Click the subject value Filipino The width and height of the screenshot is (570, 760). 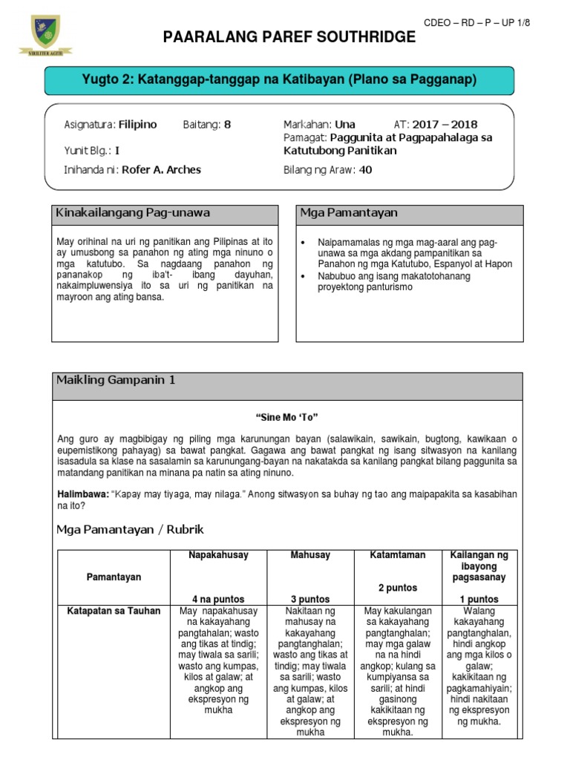point(138,125)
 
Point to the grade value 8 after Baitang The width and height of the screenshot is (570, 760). point(228,125)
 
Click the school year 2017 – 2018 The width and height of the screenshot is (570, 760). point(445,125)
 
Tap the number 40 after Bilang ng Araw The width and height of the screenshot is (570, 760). point(365,170)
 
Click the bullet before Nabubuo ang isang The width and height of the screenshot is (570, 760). point(306,276)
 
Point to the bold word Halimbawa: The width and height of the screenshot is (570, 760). point(83,494)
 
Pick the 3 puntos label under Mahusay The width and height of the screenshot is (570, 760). point(311,599)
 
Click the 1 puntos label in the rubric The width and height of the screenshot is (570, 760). point(479,599)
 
